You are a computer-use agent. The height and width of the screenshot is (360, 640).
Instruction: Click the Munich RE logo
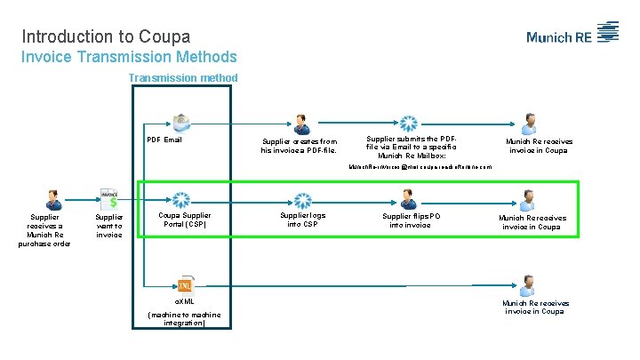pos(572,35)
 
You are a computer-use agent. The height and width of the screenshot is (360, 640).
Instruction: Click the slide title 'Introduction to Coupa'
pos(106,36)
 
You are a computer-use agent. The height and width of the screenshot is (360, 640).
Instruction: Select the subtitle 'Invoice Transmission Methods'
pos(129,57)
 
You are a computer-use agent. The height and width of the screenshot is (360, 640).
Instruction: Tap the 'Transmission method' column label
pos(183,78)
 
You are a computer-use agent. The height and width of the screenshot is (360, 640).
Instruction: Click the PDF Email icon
pos(182,122)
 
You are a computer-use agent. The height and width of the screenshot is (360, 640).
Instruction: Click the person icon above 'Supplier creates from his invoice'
pos(301,124)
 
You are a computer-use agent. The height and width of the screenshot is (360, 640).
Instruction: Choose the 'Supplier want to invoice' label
pos(109,227)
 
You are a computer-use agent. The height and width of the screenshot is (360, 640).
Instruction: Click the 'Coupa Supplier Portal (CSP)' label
pos(184,220)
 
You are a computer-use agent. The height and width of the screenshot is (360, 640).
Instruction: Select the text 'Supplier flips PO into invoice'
pos(411,220)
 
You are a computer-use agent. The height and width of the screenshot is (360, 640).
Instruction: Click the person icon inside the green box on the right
pos(529,200)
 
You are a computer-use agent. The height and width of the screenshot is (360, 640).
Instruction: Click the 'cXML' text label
pos(184,302)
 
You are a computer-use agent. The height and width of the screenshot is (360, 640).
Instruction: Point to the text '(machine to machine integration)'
pos(185,319)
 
